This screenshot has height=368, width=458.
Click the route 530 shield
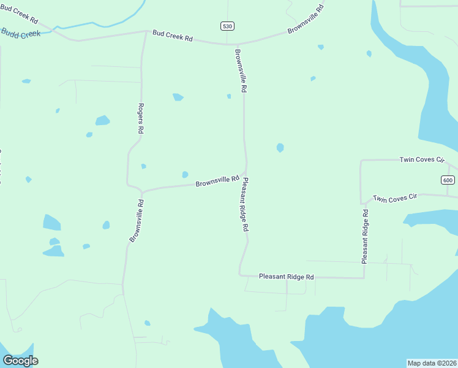tap(228, 25)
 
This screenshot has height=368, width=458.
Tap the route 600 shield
tap(448, 180)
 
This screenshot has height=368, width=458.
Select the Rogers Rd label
tap(141, 118)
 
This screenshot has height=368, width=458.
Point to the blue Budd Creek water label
tap(20, 34)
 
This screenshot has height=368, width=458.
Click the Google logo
tap(20, 361)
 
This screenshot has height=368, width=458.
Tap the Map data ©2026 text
tap(432, 363)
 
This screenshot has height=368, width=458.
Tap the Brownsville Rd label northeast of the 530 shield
tap(305, 19)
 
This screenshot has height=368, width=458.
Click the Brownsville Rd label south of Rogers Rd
tap(137, 221)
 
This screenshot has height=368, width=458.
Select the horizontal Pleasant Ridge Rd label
tap(286, 277)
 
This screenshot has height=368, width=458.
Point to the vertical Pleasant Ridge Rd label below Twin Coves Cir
tap(365, 236)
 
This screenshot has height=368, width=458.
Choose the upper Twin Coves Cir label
tap(421, 159)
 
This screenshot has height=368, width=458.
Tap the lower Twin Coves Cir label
tap(395, 198)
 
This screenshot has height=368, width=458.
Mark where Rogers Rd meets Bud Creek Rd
tap(145, 33)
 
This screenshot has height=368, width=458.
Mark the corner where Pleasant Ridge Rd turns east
tap(240, 275)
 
